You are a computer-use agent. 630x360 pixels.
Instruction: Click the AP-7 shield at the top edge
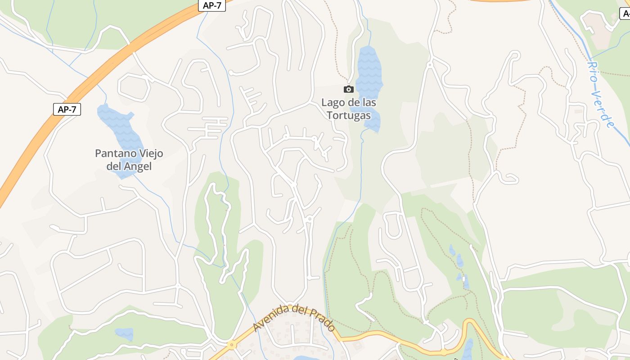pyautogui.click(x=212, y=6)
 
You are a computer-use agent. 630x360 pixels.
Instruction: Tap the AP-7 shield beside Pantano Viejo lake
pyautogui.click(x=67, y=109)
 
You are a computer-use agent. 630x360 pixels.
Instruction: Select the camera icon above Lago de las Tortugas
pyautogui.click(x=348, y=89)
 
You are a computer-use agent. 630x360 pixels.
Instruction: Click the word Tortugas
pyautogui.click(x=349, y=115)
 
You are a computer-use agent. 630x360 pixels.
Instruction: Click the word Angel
pyautogui.click(x=138, y=166)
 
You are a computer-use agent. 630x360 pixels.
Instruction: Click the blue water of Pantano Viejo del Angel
pyautogui.click(x=118, y=126)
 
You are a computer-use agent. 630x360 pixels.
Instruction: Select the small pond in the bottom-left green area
pyautogui.click(x=124, y=333)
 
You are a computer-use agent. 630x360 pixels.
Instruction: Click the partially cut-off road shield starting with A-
pyautogui.click(x=625, y=13)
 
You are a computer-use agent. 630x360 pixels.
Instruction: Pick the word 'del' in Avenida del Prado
pyautogui.click(x=299, y=310)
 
